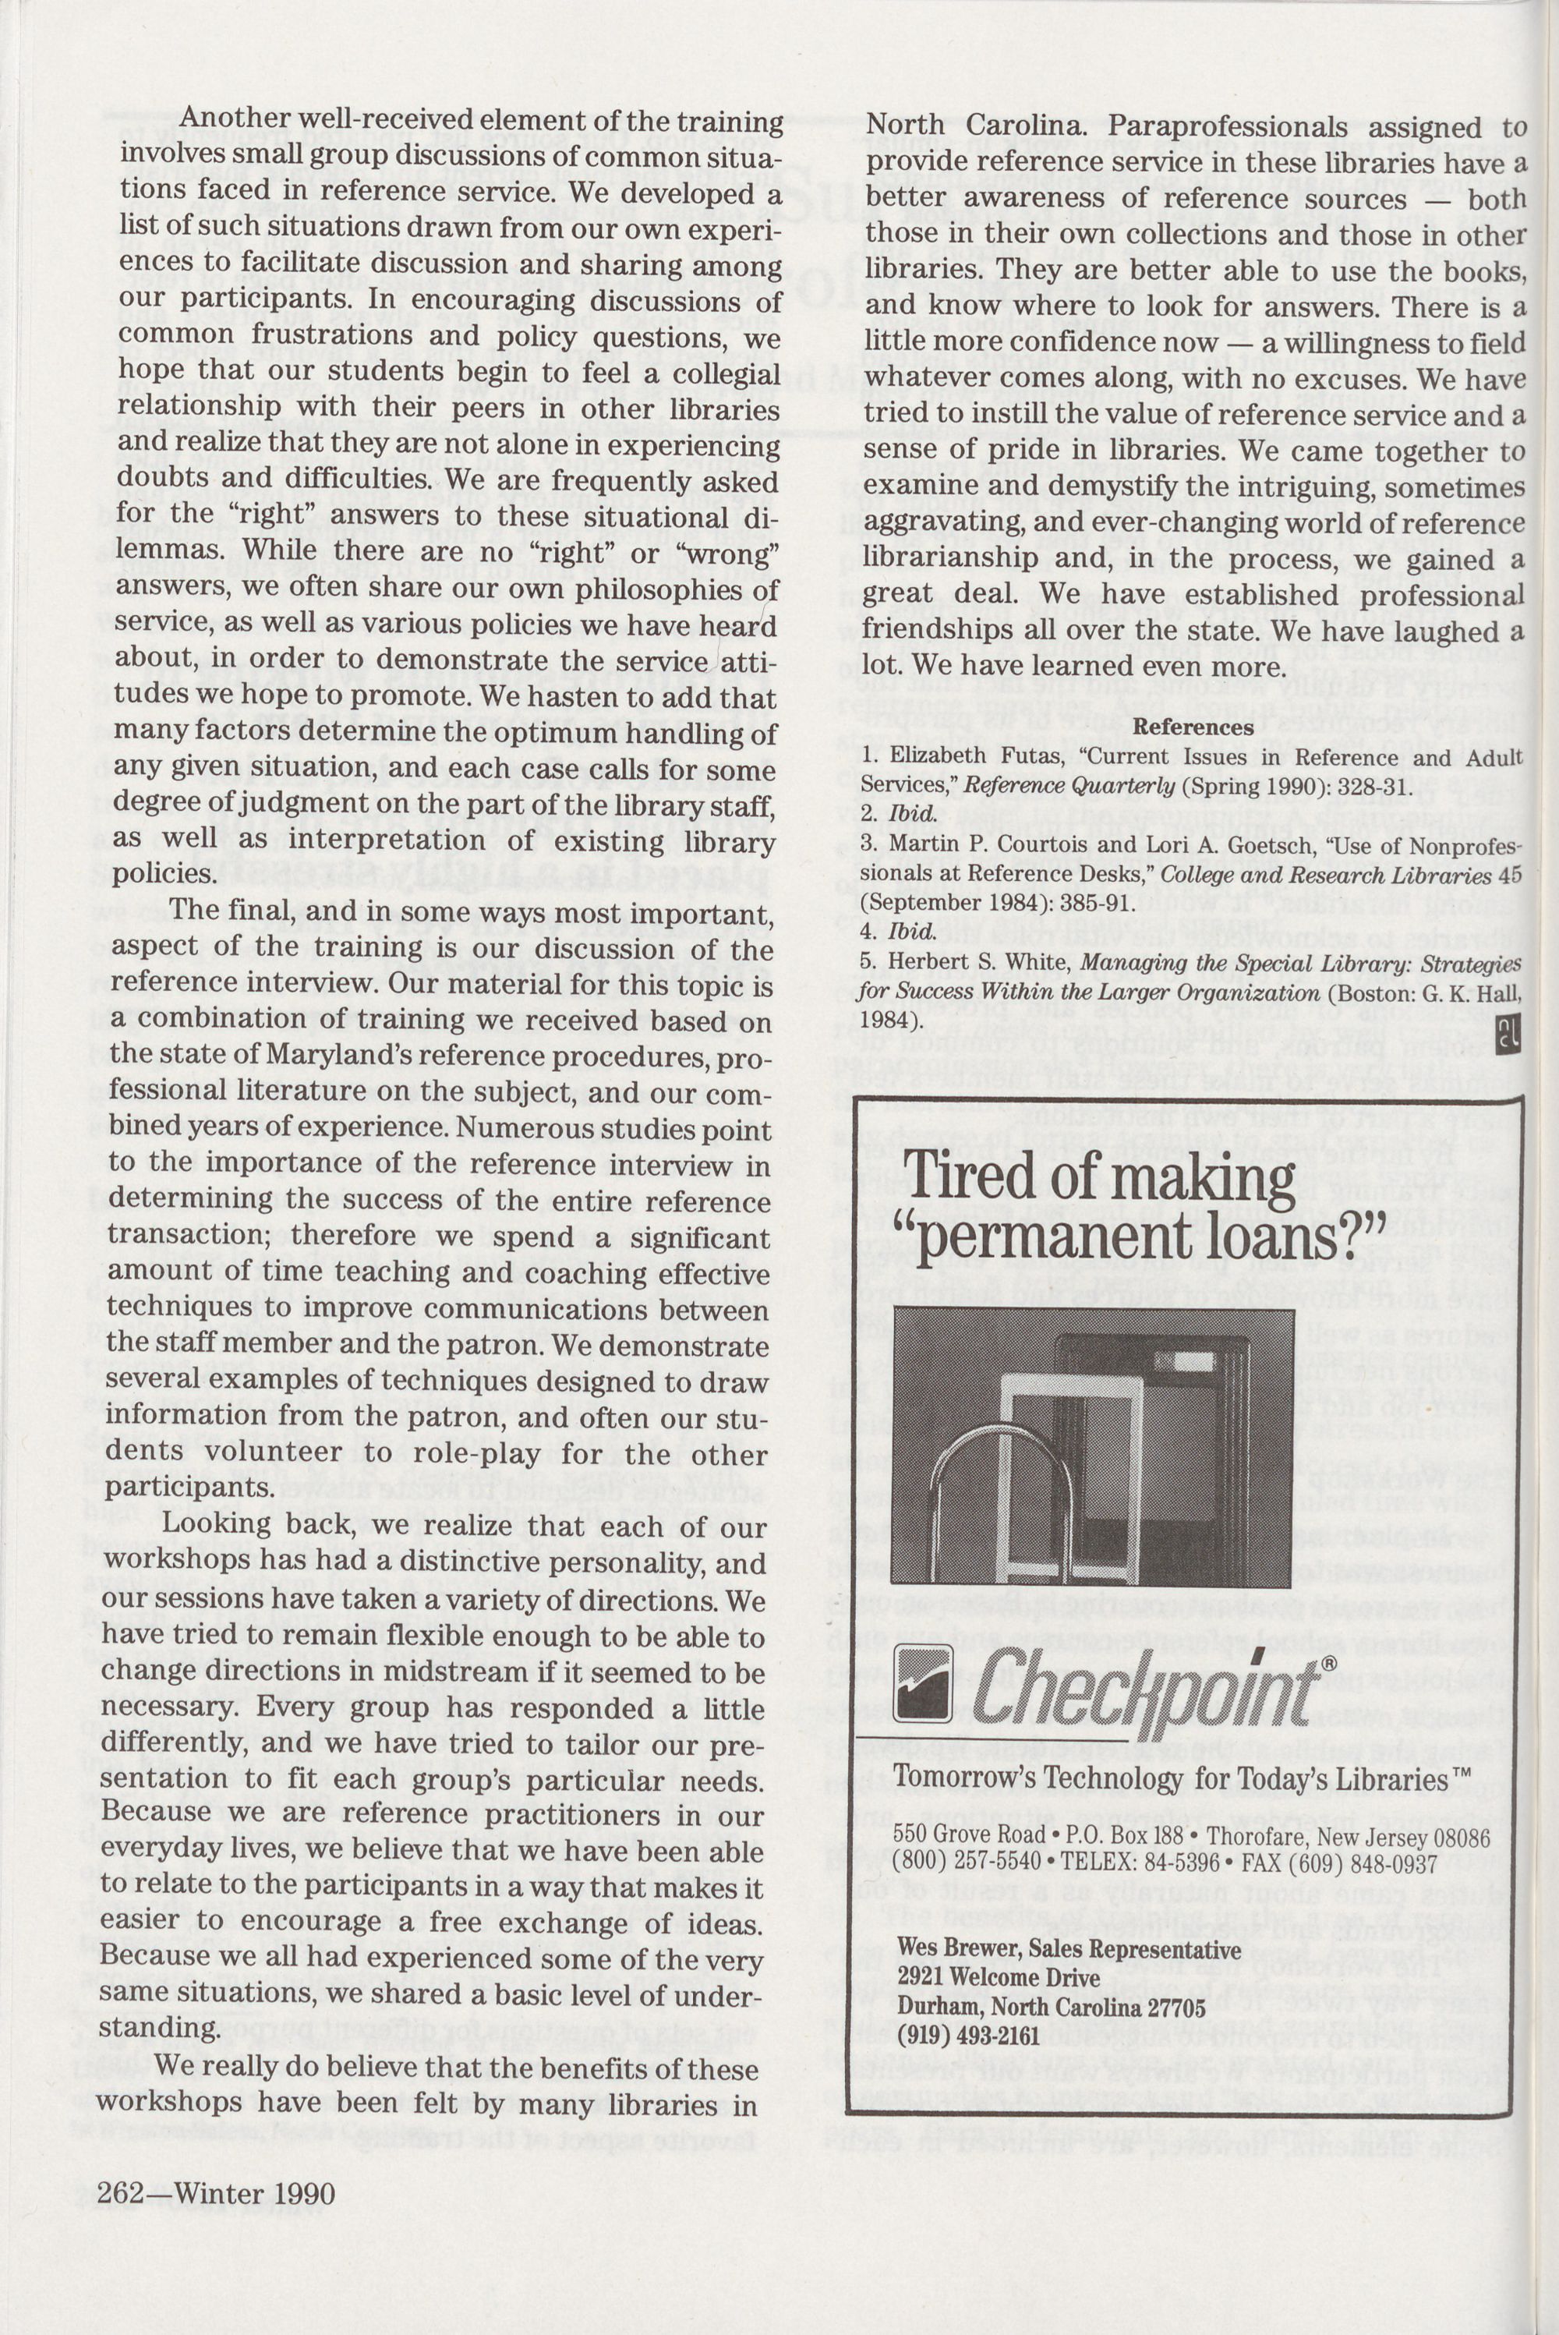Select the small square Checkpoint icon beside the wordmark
pyautogui.click(x=924, y=1682)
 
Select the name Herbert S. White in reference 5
pyautogui.click(x=960, y=964)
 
